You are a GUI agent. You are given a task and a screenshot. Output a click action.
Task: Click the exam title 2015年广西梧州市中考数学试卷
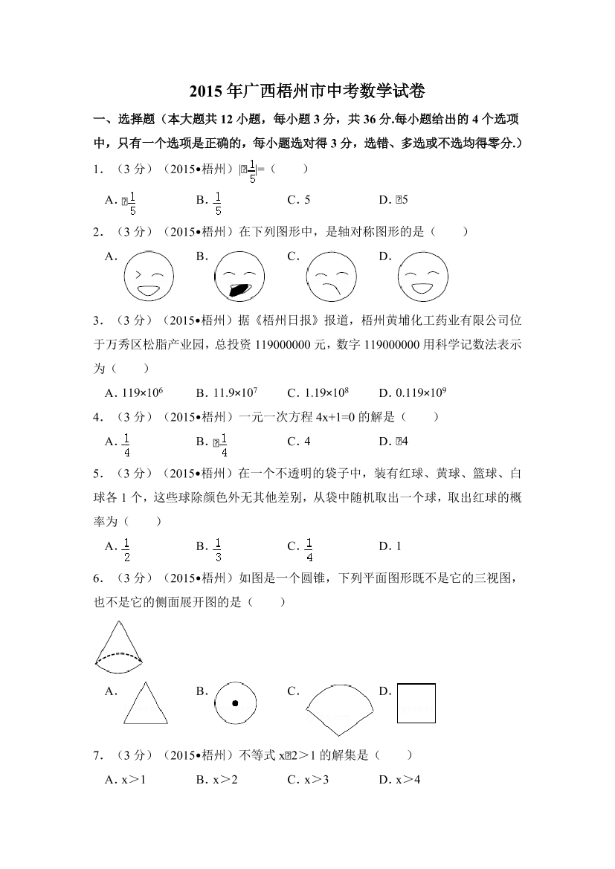pos(307,92)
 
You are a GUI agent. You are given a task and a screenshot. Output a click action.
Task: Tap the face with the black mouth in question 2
pos(239,277)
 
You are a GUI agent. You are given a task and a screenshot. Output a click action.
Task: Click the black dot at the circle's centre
pos(235,703)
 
